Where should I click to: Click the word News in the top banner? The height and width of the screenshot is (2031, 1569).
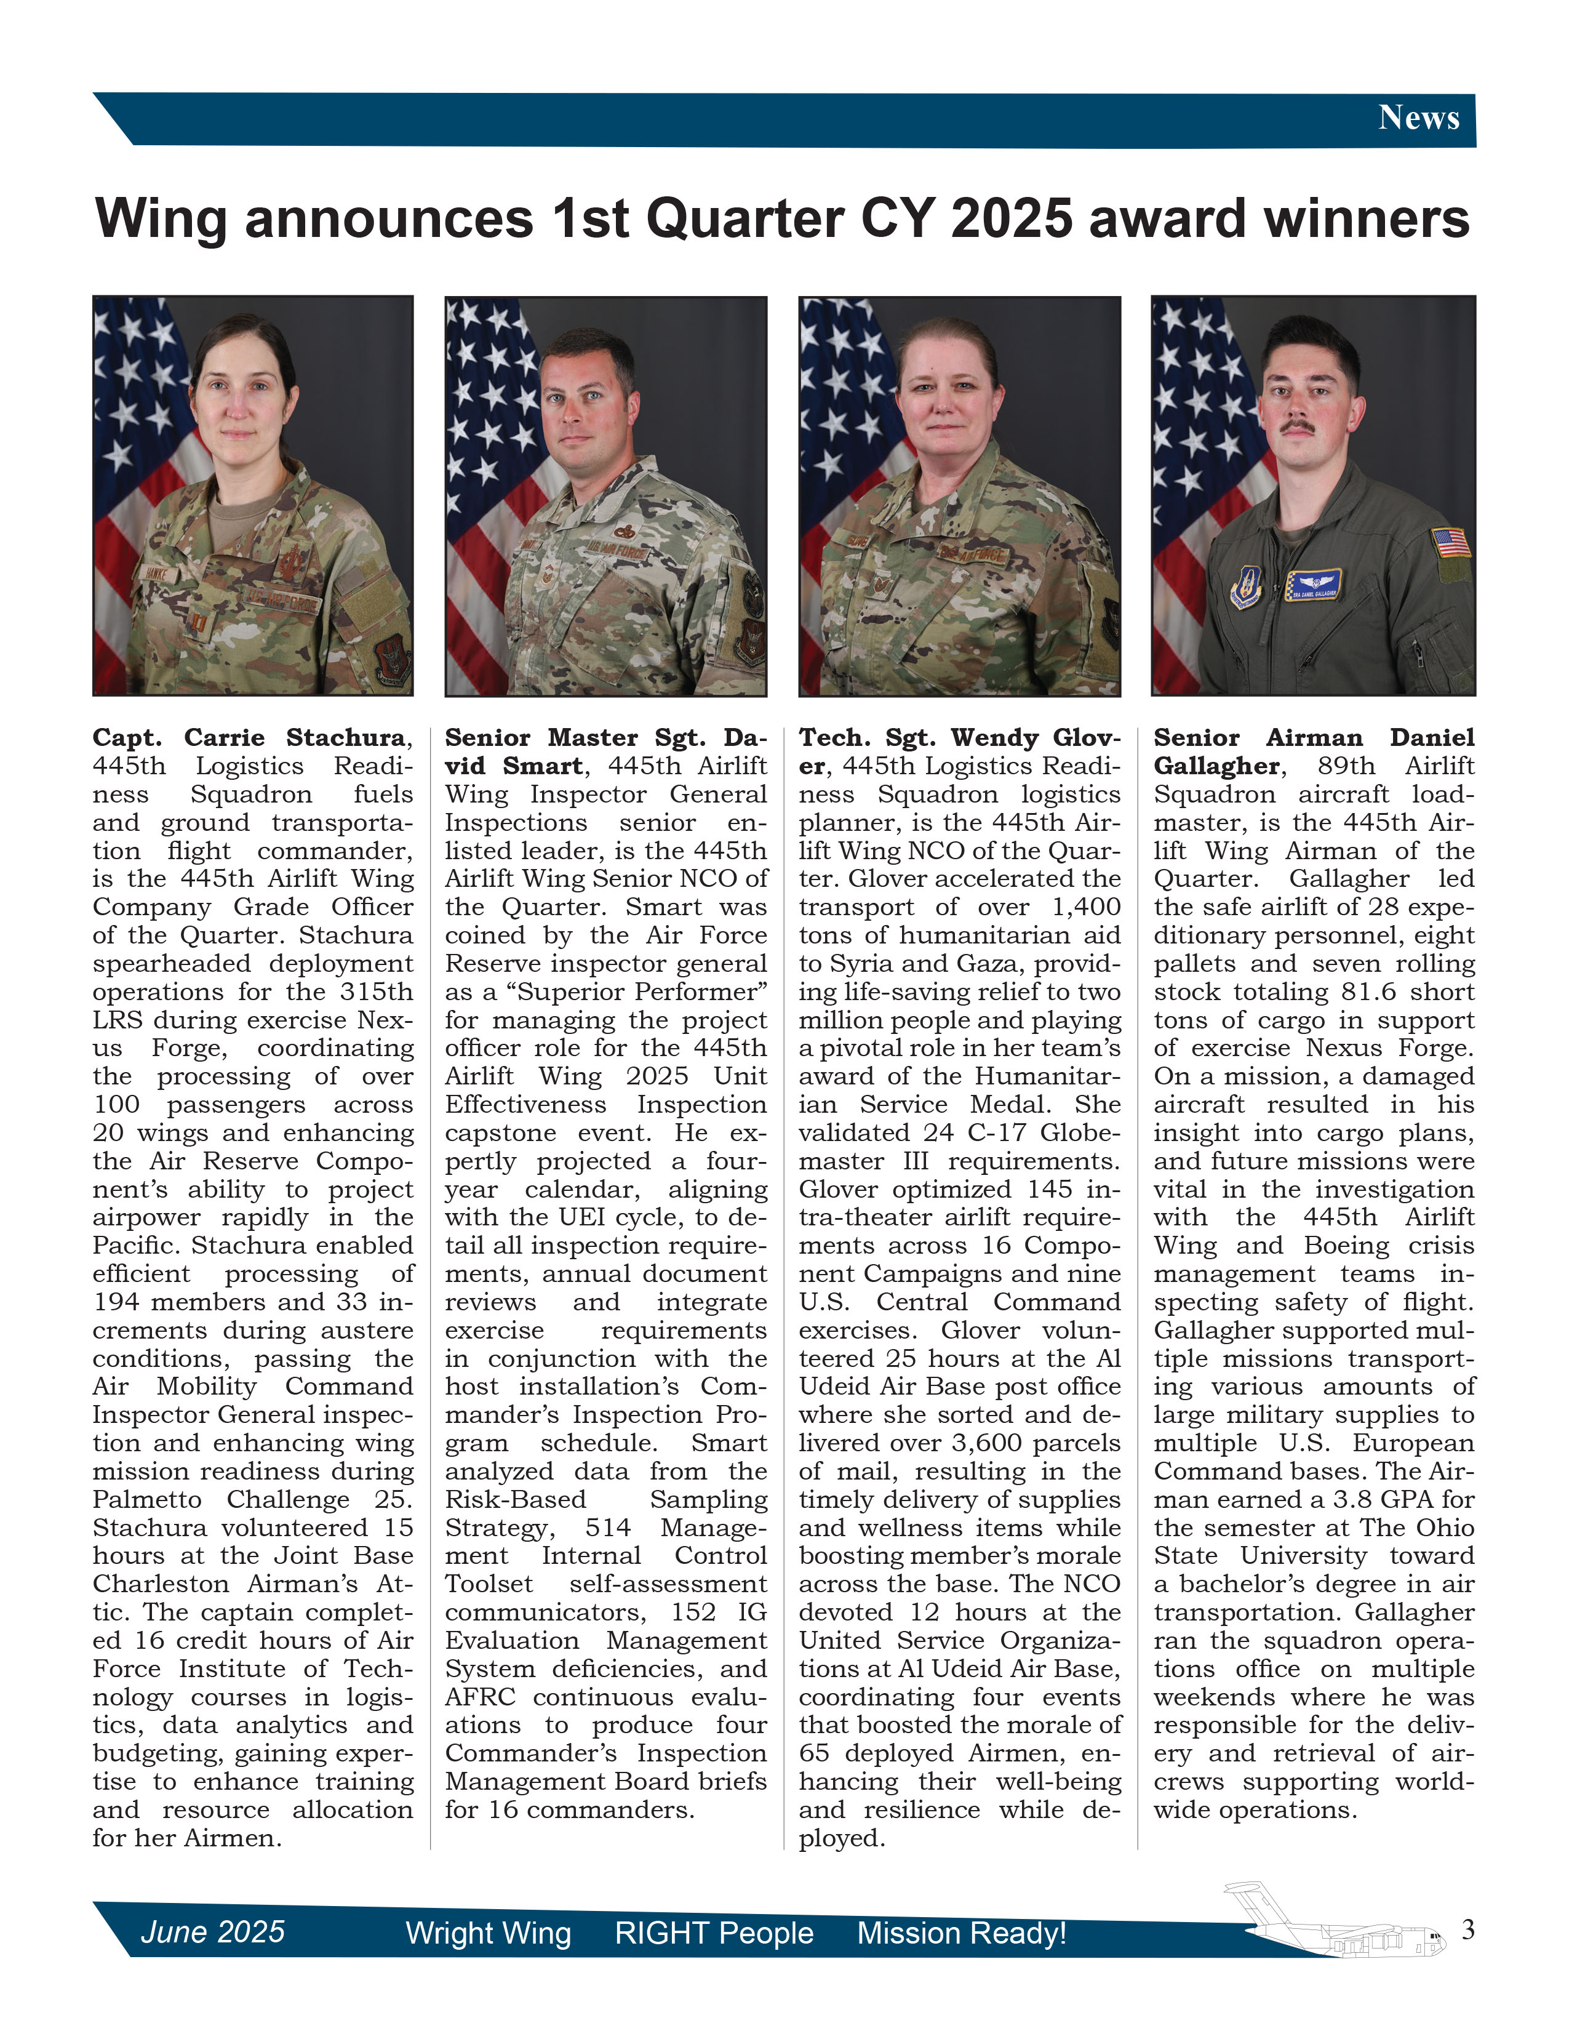point(1418,118)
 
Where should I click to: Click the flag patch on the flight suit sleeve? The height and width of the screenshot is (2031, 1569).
point(1451,542)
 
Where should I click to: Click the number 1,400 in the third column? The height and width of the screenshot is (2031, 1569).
point(1085,907)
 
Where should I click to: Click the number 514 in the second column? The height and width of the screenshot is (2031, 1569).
point(608,1527)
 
